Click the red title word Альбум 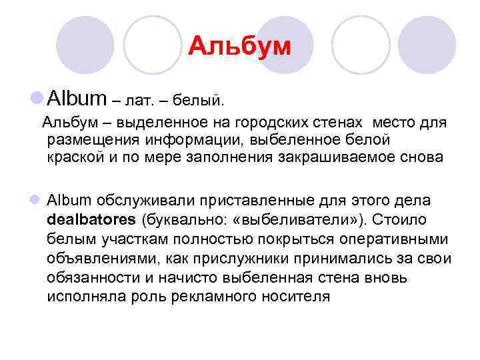pos(239,47)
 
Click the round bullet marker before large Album pos(36,99)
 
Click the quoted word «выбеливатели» pos(286,219)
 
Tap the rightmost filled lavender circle pos(431,45)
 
